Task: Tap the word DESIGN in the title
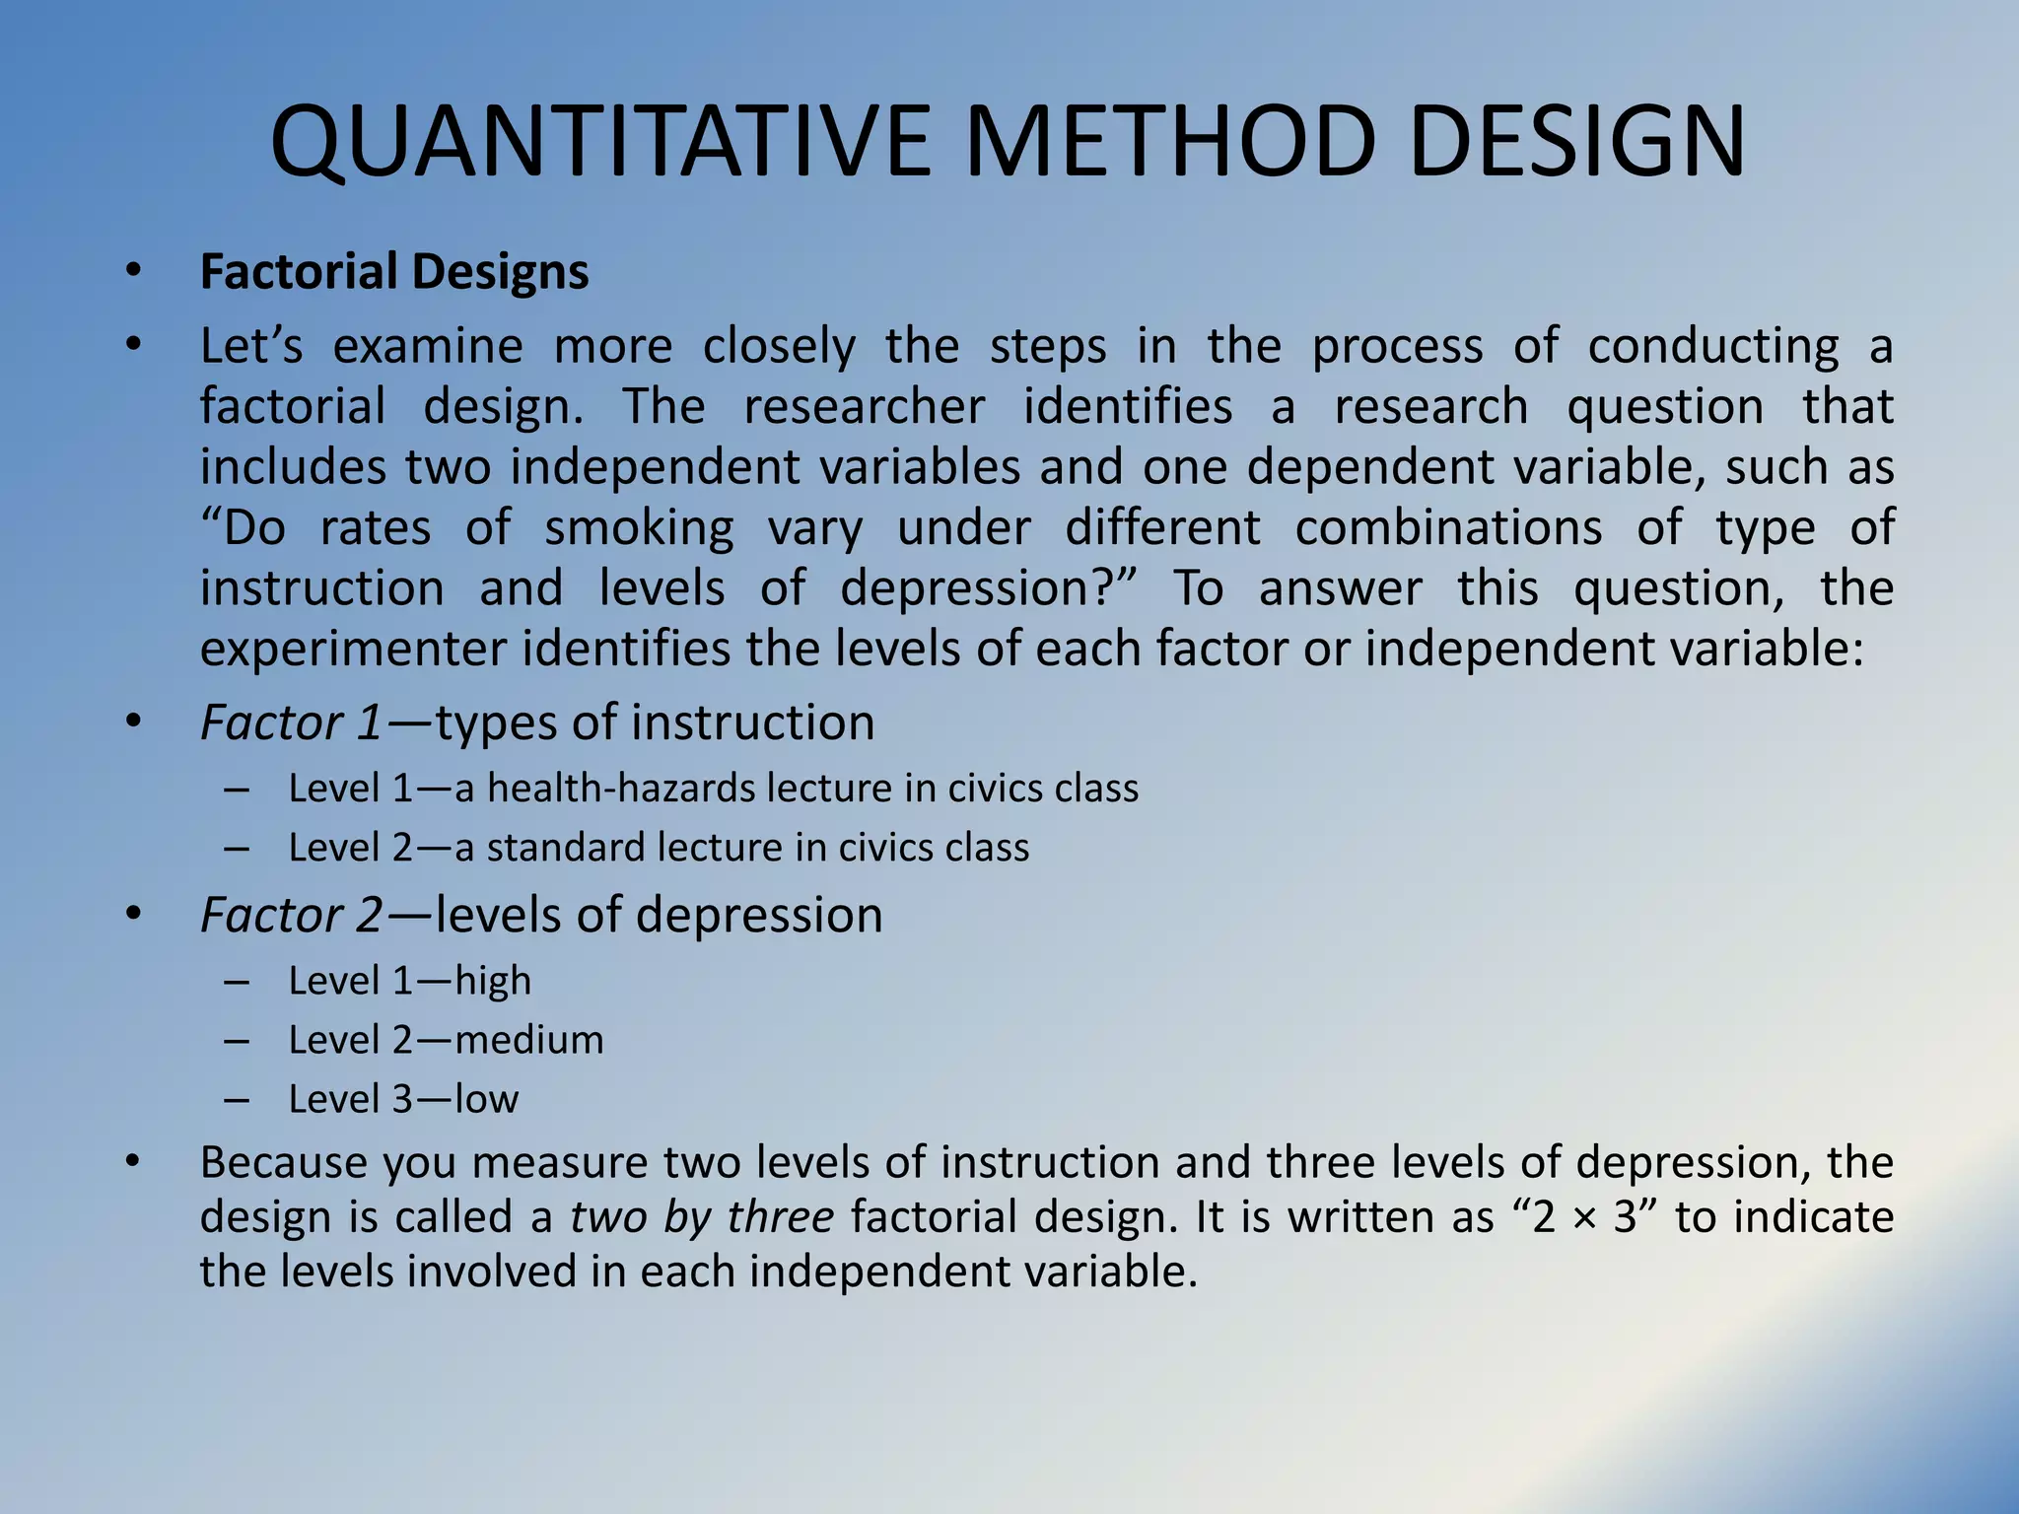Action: click(1576, 143)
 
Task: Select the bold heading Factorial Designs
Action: click(394, 272)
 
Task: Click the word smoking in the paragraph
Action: click(639, 528)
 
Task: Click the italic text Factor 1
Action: click(291, 723)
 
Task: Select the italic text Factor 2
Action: click(291, 915)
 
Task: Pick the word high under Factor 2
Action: click(493, 981)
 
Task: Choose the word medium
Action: click(529, 1040)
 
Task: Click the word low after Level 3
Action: click(486, 1099)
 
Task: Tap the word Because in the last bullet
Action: click(284, 1163)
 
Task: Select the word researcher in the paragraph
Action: click(864, 407)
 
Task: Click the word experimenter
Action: click(354, 650)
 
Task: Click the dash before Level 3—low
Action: click(236, 1100)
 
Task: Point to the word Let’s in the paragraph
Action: click(250, 347)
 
